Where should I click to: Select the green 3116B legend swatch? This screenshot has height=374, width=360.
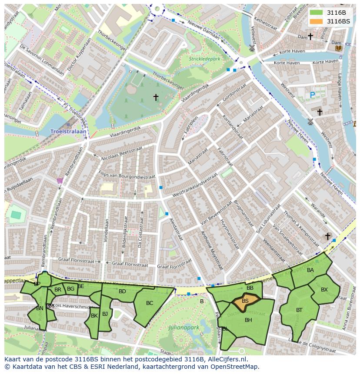click(317, 13)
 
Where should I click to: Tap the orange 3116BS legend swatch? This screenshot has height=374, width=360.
click(317, 21)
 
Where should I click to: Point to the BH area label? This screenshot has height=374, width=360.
click(248, 320)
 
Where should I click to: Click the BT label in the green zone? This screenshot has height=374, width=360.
click(299, 310)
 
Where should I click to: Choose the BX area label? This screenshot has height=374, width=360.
click(324, 290)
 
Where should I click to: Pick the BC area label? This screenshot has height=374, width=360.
click(150, 303)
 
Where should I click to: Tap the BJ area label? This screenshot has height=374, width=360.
click(105, 314)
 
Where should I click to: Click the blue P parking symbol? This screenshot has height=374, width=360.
click(312, 94)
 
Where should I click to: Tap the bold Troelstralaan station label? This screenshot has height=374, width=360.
click(69, 131)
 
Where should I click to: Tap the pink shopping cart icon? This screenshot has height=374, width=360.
click(60, 181)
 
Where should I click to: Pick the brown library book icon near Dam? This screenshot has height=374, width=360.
click(338, 48)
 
